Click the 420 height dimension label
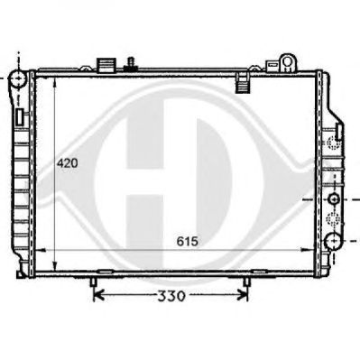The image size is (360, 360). coord(68,163)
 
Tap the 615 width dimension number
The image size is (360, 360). coord(188,241)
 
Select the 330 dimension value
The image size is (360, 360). coord(171,297)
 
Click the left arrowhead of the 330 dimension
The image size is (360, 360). coord(98,296)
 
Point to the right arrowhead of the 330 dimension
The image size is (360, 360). coord(242,296)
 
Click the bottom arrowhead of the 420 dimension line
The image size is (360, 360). coord(55,266)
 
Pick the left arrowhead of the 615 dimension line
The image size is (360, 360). coord(41,250)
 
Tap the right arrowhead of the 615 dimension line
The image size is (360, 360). coord(308,250)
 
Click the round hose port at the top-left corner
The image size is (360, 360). coord(19,78)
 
